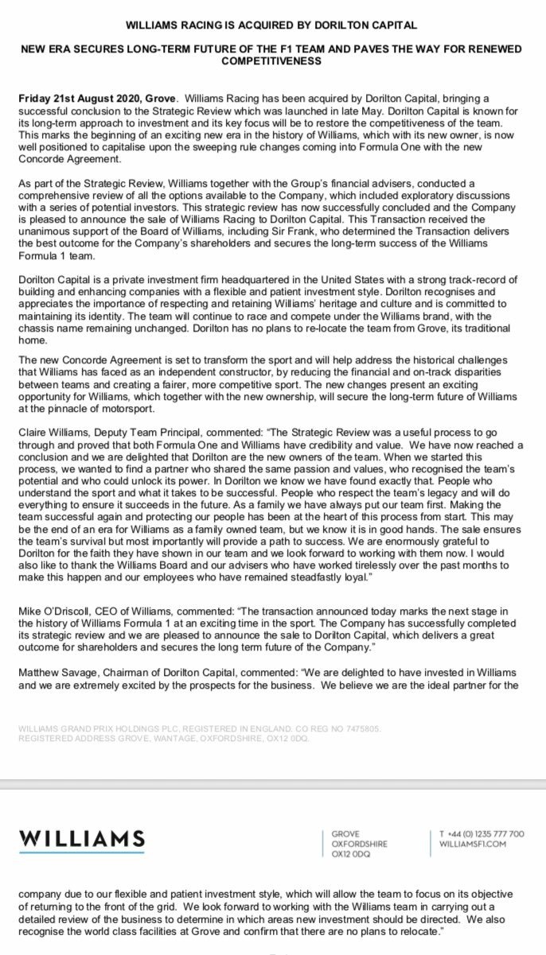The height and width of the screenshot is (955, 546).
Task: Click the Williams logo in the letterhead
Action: [x=82, y=840]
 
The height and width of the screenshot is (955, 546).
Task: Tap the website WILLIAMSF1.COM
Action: [x=473, y=844]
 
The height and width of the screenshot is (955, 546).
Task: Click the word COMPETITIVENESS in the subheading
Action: [x=272, y=60]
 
